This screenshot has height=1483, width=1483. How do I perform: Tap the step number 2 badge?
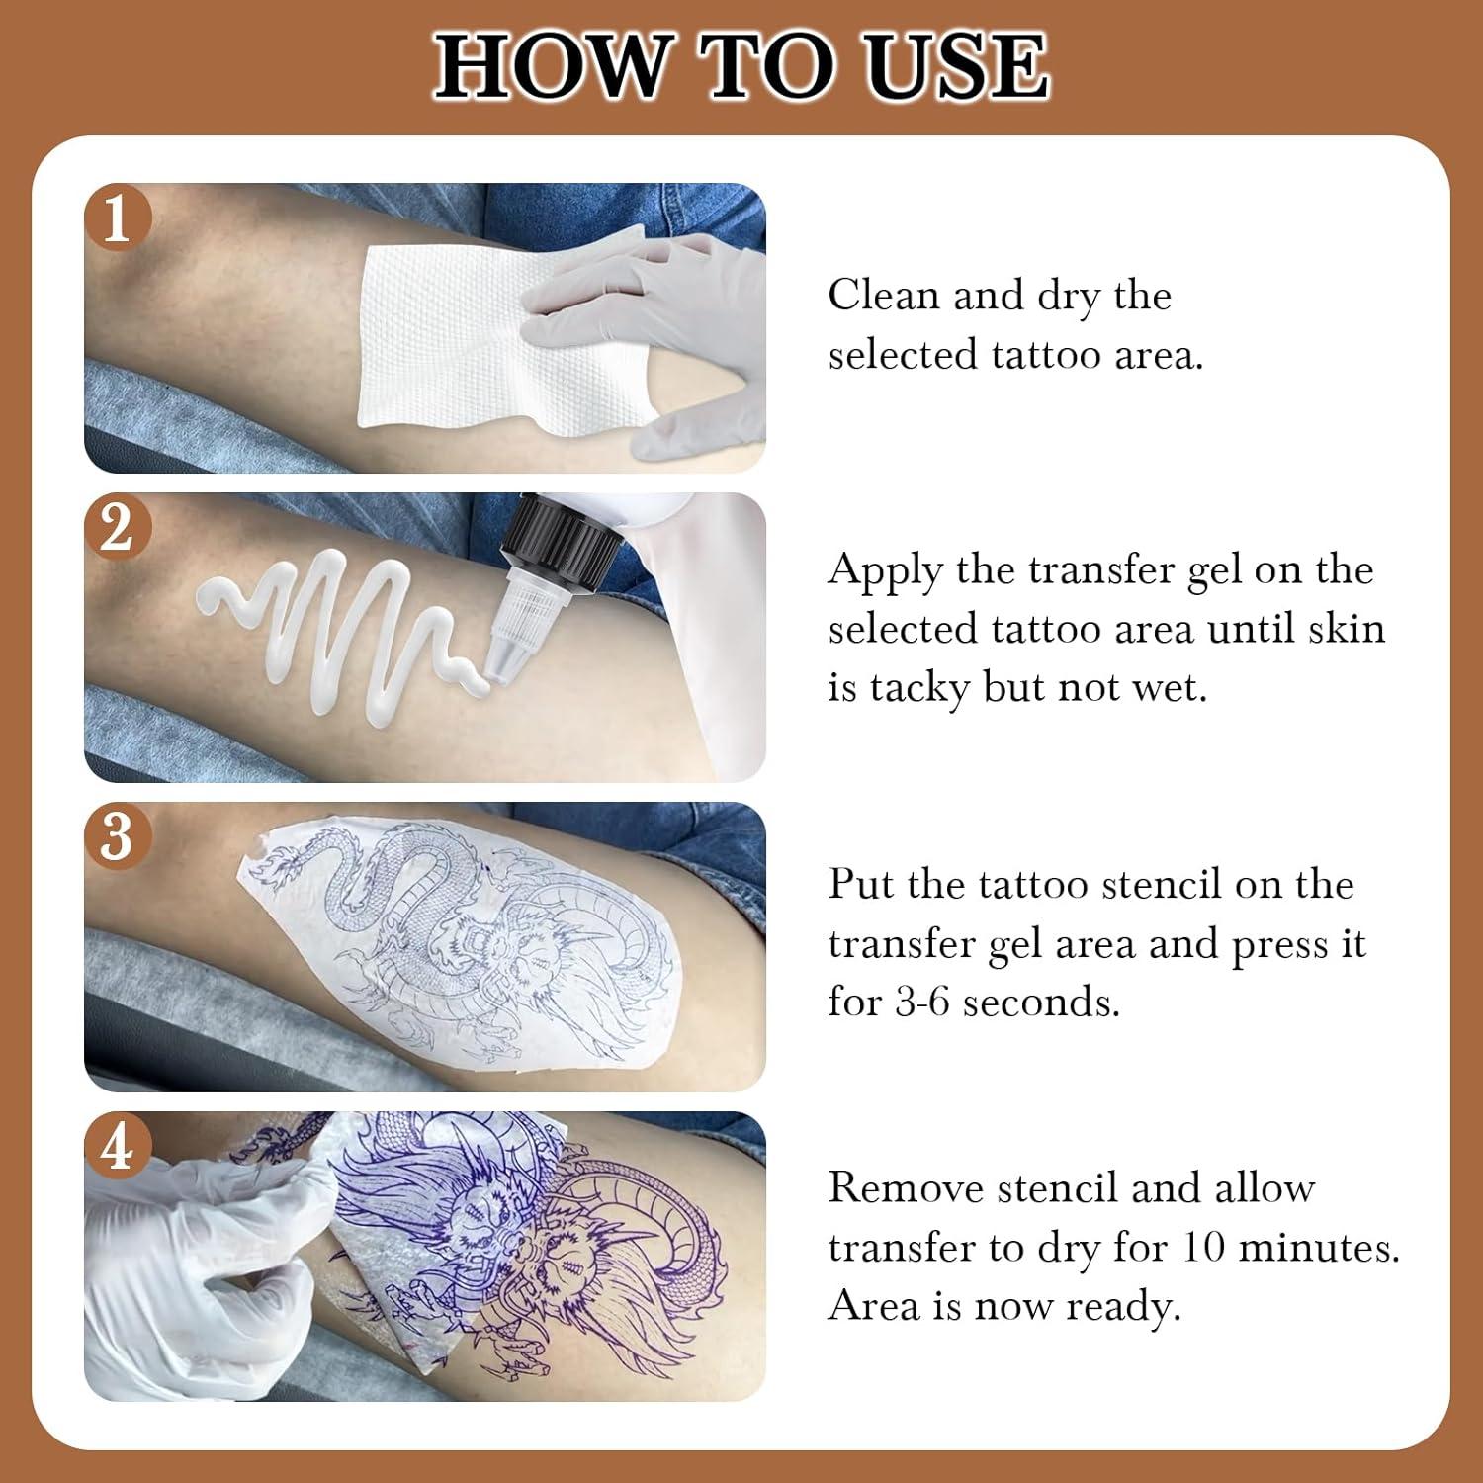[x=117, y=527]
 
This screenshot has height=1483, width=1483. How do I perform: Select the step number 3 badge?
[x=117, y=836]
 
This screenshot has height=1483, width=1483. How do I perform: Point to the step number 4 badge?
[x=117, y=1147]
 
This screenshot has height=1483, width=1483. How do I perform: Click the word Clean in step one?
[x=883, y=295]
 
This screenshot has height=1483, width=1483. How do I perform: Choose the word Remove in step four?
[x=905, y=1187]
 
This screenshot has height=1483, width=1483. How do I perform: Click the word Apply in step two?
[x=885, y=571]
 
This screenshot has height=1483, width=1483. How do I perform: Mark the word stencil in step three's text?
[x=1161, y=884]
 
